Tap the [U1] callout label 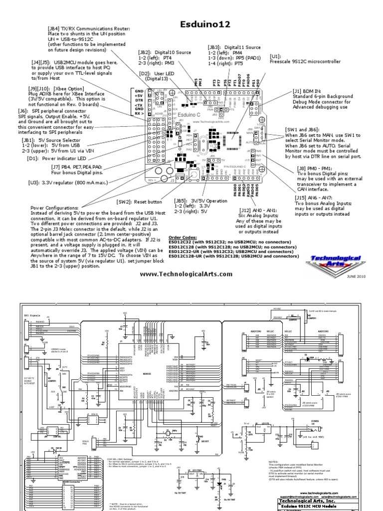(x=276, y=57)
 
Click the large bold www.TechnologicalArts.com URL (x=186, y=274)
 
